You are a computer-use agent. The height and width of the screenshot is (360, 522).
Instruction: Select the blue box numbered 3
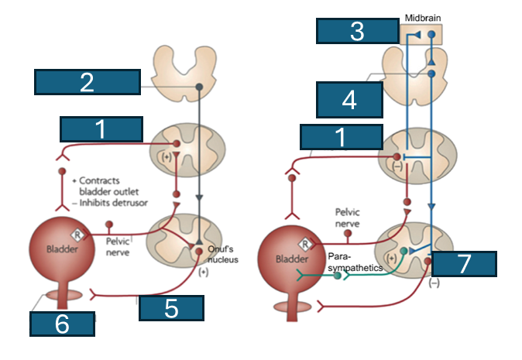pyautogui.click(x=357, y=32)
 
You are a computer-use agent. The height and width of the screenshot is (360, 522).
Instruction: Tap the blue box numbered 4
pyautogui.click(x=349, y=100)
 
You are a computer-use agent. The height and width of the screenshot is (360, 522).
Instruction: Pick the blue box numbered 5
pyautogui.click(x=172, y=308)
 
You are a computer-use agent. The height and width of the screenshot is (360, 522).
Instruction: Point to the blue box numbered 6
pyautogui.click(x=63, y=324)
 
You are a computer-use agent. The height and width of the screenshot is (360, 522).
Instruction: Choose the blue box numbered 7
pyautogui.click(x=463, y=263)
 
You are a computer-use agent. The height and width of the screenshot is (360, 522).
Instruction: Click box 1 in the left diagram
pyautogui.click(x=101, y=130)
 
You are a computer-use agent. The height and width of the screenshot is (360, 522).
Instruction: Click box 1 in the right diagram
pyautogui.click(x=341, y=137)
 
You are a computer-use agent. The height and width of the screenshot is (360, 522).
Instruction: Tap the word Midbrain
pyautogui.click(x=422, y=17)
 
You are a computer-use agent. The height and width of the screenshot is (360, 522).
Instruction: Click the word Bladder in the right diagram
pyautogui.click(x=291, y=259)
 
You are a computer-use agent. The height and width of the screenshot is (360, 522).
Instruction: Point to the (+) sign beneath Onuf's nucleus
pyautogui.click(x=204, y=273)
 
